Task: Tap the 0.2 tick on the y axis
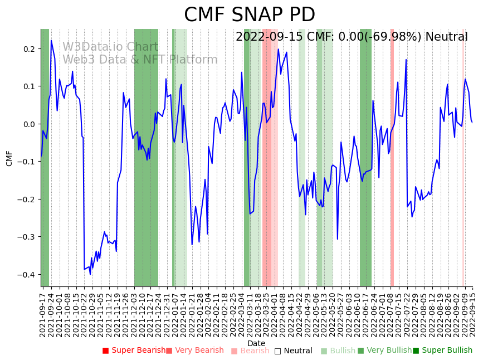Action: click(29, 49)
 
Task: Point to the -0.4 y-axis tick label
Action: click(27, 275)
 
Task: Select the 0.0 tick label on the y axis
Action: click(29, 124)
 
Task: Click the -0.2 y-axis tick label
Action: click(27, 200)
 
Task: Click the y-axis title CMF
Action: click(9, 158)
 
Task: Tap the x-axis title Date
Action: click(256, 343)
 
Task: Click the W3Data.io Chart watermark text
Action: click(110, 47)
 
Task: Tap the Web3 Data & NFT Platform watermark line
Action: click(140, 60)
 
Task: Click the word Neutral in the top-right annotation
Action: click(446, 37)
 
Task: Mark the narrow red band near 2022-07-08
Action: click(392, 157)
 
